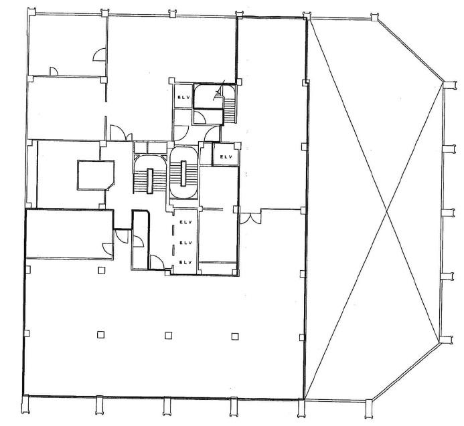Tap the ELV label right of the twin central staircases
coord(226,157)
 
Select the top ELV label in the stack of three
coord(186,222)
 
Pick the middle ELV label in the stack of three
coord(186,243)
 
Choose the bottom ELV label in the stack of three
coord(186,262)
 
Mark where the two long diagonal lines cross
coord(387,211)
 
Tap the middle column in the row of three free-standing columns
coord(168,335)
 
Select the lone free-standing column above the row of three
coord(102,270)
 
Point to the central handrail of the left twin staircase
coord(150,181)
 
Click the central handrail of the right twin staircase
coord(183,173)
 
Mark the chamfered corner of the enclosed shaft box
coord(111,186)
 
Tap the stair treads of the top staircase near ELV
coord(230,110)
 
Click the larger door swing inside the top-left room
coord(99,55)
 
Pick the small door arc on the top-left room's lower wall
coord(54,72)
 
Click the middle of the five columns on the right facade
coord(448,213)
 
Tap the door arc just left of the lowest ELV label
coord(157,262)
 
